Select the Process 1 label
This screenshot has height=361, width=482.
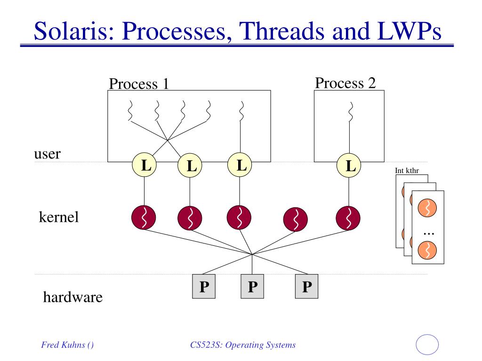tap(139, 84)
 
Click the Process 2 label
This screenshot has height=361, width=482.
tap(345, 83)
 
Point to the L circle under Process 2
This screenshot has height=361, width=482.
tap(349, 166)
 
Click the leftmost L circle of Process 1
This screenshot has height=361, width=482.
tap(144, 165)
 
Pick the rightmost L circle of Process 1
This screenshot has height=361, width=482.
tap(240, 165)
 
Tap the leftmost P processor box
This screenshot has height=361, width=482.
tap(204, 286)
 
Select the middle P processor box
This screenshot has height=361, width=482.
tap(252, 286)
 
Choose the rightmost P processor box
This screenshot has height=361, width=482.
tap(307, 286)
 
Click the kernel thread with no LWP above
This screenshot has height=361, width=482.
tap(296, 219)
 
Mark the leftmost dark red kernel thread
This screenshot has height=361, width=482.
tap(144, 218)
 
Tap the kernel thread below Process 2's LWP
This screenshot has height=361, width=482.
tap(348, 218)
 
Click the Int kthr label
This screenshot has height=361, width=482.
tap(407, 171)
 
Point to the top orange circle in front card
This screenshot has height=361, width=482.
tap(427, 208)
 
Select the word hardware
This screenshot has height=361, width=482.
tap(73, 297)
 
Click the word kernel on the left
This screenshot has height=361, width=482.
tap(59, 217)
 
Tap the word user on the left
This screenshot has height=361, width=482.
tap(48, 154)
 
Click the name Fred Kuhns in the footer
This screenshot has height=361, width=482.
tap(64, 345)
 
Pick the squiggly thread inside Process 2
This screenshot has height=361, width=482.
tap(350, 112)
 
